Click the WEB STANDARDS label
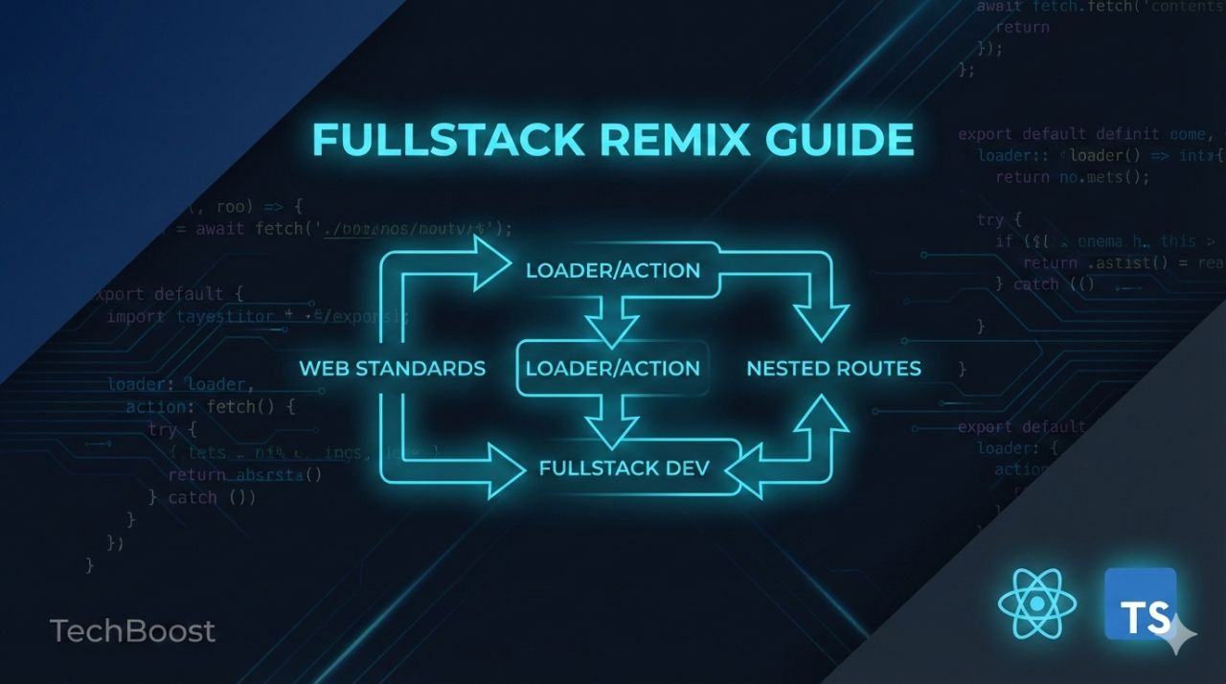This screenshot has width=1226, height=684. [x=393, y=369]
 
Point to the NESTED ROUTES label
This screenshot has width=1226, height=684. [x=833, y=369]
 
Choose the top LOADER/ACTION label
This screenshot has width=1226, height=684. [x=613, y=271]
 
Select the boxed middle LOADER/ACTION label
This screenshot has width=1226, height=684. [x=613, y=369]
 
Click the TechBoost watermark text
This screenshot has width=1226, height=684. [x=132, y=631]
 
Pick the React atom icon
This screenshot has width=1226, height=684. [x=1036, y=604]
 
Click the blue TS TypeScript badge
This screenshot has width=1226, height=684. [x=1140, y=604]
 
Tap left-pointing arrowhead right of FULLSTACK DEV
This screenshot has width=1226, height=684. [x=749, y=469]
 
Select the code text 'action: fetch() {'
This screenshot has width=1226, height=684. [x=211, y=408]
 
